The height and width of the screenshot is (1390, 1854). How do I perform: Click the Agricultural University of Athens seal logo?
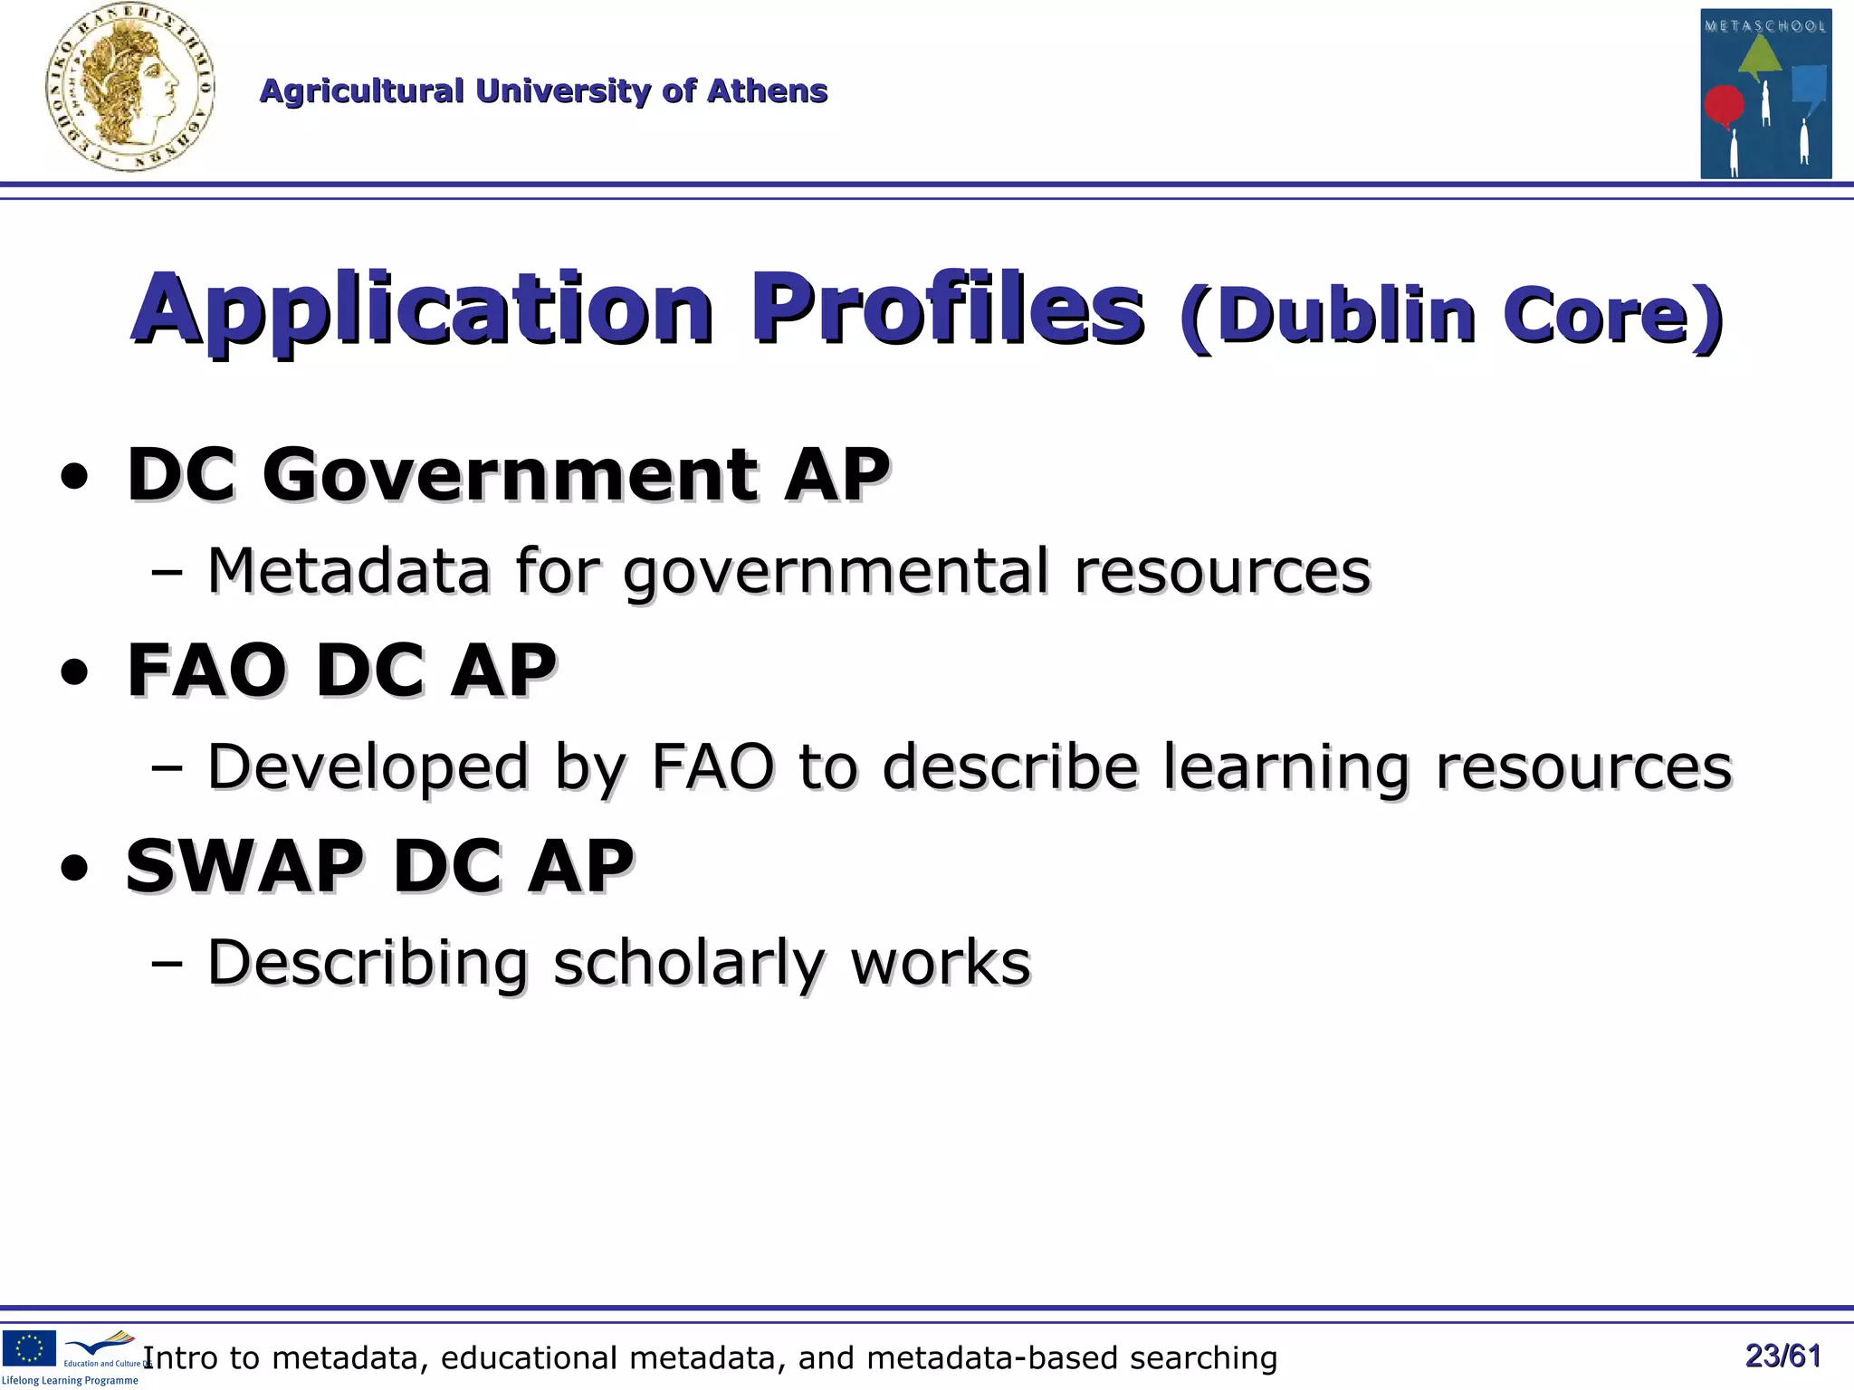click(x=130, y=89)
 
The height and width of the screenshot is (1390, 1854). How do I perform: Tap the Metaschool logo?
click(x=1765, y=94)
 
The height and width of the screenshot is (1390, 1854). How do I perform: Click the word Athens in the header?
click(x=767, y=91)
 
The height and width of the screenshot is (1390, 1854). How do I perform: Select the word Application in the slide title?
click(x=423, y=309)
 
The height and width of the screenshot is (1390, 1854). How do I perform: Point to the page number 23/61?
click(x=1782, y=1356)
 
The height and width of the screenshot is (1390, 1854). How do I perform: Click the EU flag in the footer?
click(x=29, y=1348)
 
